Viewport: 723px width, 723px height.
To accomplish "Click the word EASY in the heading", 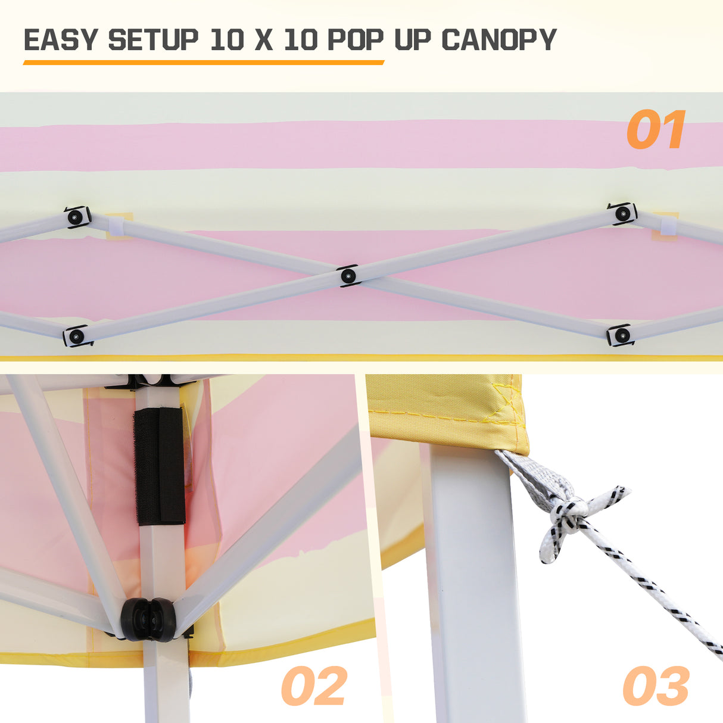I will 60,40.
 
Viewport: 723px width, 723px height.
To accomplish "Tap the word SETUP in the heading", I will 153,40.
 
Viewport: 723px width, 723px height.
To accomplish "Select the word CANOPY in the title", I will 498,40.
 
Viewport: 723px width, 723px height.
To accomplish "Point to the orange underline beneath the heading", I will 203,62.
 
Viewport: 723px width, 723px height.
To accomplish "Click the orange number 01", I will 656,130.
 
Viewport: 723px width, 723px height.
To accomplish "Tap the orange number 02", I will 314,686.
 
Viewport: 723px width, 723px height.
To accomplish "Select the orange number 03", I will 656,686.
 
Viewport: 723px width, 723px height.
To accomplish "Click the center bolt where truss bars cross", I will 348,276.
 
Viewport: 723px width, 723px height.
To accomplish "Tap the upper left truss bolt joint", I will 76,217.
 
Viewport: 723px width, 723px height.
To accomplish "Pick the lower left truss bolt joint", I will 77,336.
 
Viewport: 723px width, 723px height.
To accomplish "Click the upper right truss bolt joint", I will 622,213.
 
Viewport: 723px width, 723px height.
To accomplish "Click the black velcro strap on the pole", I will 159,466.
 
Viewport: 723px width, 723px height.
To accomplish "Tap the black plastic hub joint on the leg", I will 149,620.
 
